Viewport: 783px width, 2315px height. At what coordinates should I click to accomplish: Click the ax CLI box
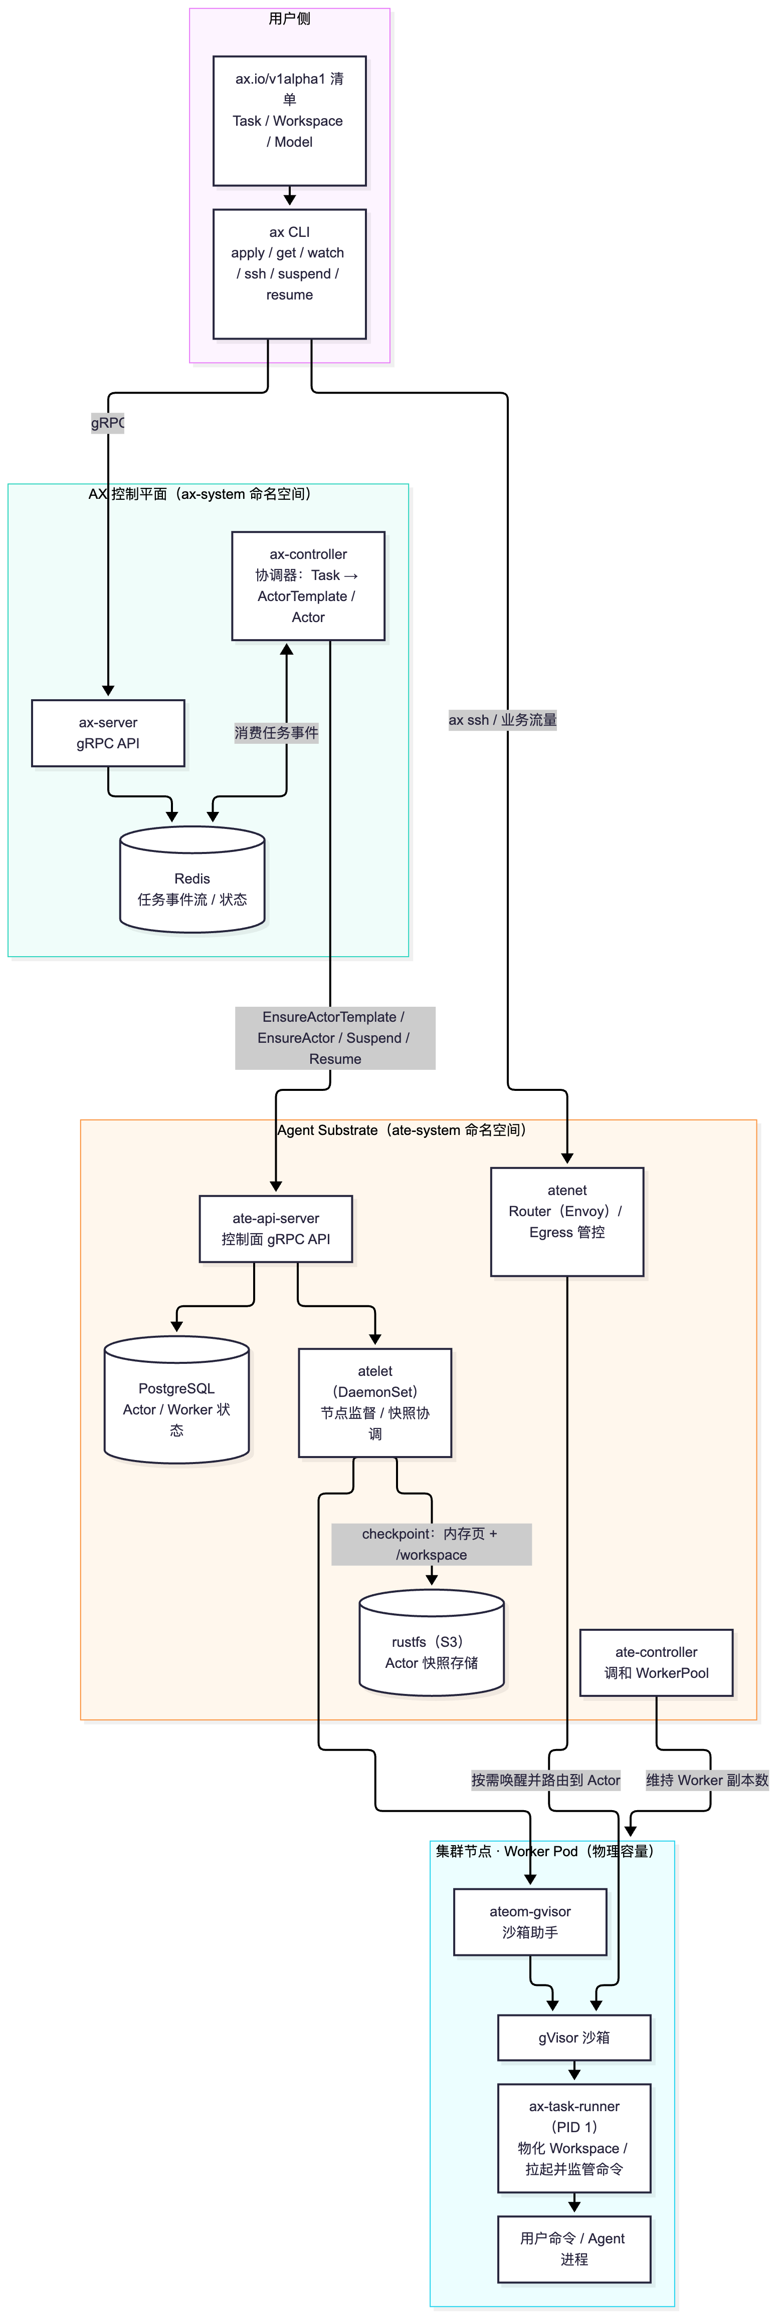point(289,274)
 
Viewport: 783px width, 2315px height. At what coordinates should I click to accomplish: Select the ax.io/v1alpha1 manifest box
point(289,120)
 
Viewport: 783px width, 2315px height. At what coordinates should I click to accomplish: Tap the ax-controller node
point(308,586)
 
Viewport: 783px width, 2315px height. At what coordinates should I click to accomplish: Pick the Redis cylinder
point(192,880)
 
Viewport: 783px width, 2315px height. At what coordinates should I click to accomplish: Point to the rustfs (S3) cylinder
point(432,1643)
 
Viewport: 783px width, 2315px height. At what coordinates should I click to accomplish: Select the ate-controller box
point(656,1662)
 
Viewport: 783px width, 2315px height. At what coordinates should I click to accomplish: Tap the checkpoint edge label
point(432,1544)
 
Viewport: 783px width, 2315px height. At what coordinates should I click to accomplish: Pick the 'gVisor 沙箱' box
point(574,2038)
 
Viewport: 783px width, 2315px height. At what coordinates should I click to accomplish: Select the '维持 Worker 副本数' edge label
point(707,1780)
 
